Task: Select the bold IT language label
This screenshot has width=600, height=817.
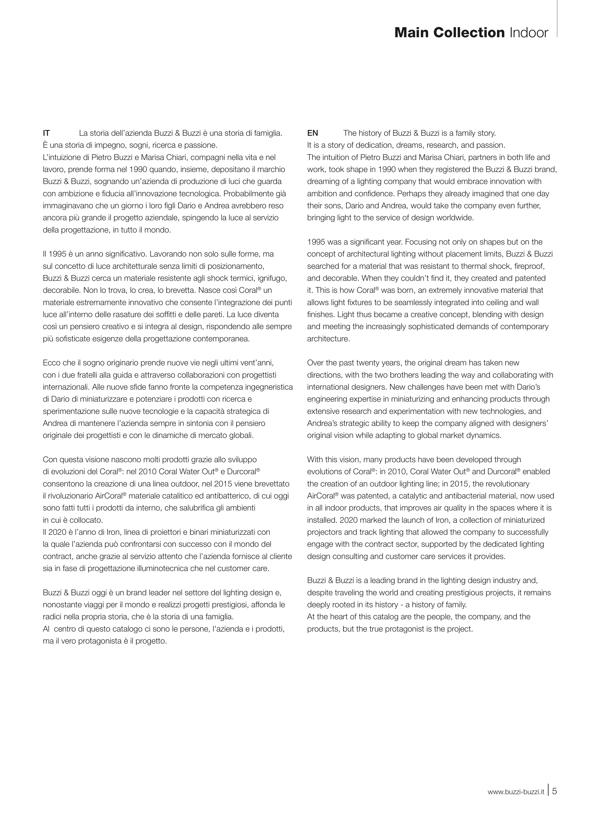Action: [46, 133]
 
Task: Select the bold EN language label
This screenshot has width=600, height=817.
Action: [312, 133]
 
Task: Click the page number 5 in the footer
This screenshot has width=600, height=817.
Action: [554, 788]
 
